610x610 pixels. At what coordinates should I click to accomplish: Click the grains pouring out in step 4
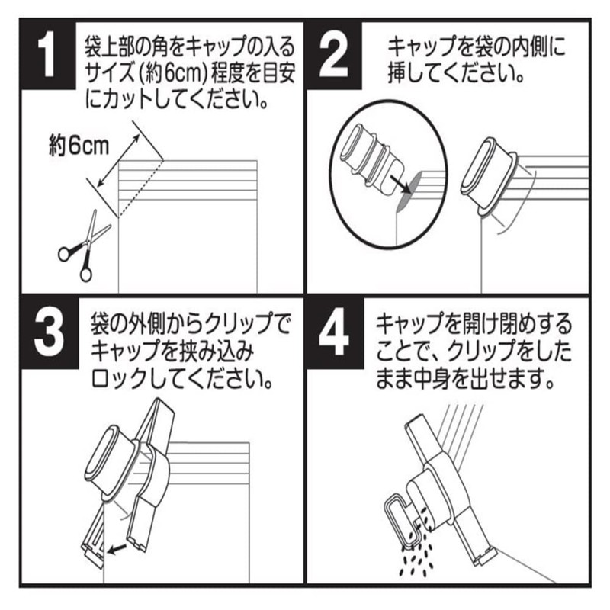tap(416, 560)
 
